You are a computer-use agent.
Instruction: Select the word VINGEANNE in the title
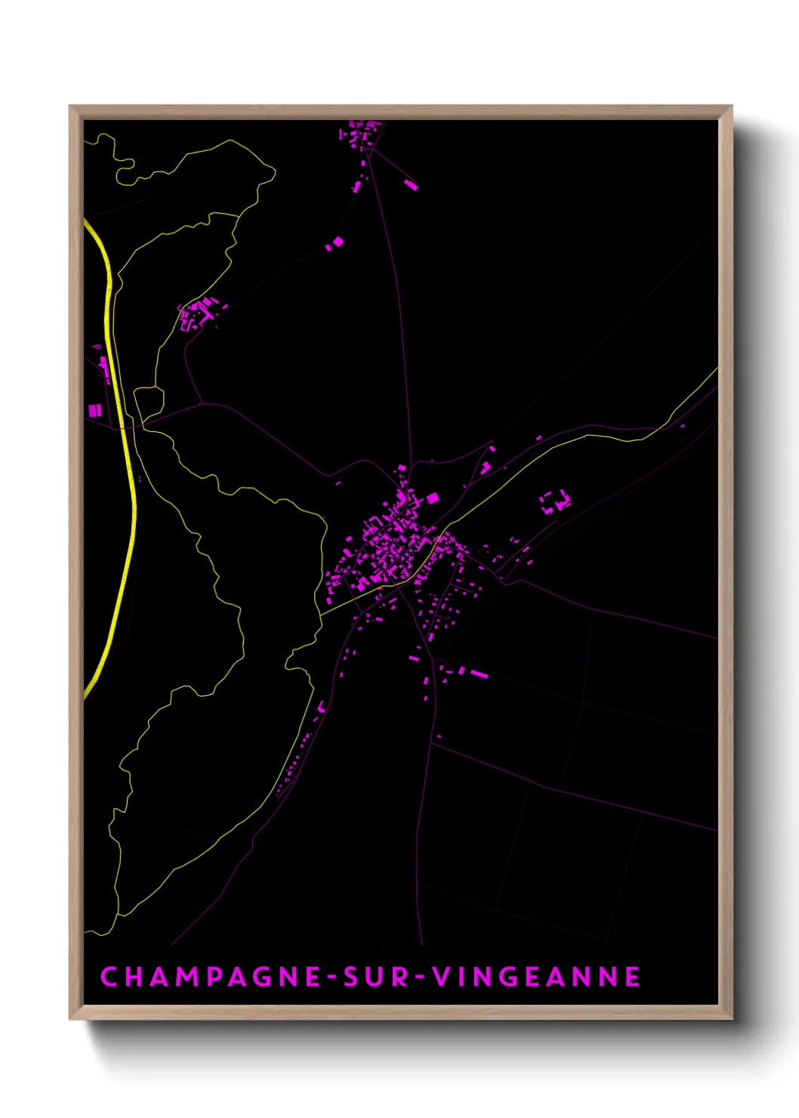pos(536,977)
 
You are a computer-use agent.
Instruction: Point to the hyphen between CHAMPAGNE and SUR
pos(331,977)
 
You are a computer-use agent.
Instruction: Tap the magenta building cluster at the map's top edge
pos(359,136)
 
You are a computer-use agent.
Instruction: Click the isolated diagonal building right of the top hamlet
pos(411,184)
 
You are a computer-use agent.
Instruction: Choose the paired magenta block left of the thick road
pos(94,410)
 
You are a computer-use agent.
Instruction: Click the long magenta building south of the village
pos(479,673)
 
